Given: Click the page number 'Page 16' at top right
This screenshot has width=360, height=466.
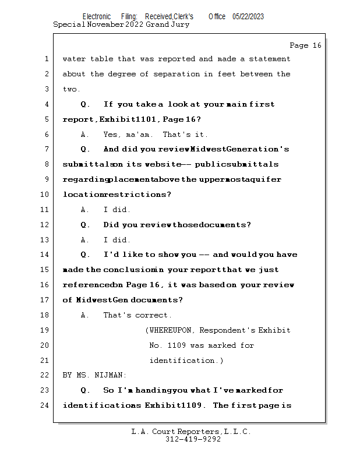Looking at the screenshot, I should coord(305,45).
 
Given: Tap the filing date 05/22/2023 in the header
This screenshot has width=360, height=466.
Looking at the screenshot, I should coord(248,17).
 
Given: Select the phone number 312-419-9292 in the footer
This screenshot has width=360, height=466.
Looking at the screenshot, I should coord(193,439).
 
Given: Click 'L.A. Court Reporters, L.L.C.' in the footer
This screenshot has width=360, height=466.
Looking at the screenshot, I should coord(191,432).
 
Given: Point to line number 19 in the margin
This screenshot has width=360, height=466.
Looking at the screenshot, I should coord(45,330).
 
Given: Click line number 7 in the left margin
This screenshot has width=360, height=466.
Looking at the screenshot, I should coord(45,149).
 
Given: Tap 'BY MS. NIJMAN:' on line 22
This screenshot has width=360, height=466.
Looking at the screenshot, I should coord(94,375).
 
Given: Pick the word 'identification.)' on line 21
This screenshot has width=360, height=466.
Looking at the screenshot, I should coord(186,361).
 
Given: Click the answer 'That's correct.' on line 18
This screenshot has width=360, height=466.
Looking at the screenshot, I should coord(137,315).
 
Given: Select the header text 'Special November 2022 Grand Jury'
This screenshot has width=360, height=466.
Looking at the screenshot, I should coord(121,25).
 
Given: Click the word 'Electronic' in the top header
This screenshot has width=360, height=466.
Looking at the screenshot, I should coord(97,17).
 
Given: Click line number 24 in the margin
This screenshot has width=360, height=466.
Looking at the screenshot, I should coord(45,405).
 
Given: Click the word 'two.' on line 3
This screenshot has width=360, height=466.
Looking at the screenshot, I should coord(72,89).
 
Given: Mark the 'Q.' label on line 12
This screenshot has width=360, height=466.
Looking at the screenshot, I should coord(85,225).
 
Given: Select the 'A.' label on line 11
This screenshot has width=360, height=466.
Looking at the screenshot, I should coord(85,210).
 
